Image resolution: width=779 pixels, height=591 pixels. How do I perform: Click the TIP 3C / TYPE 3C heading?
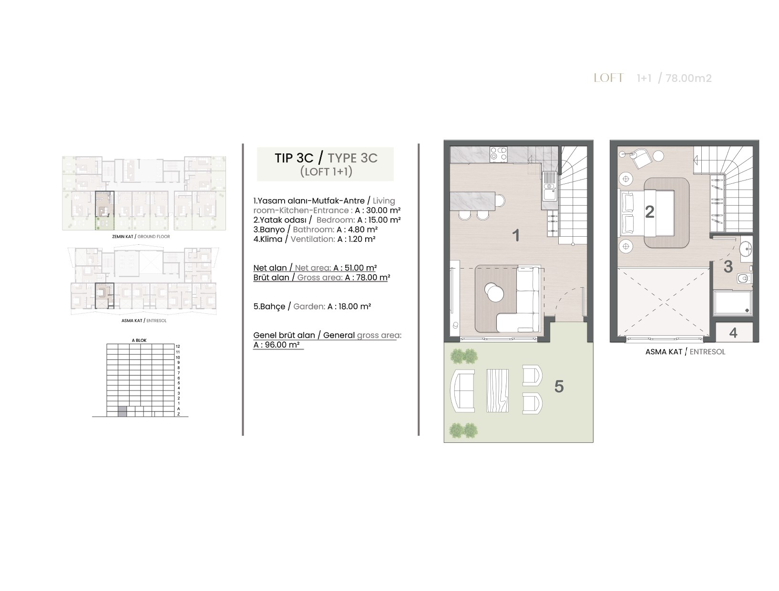pyautogui.click(x=326, y=158)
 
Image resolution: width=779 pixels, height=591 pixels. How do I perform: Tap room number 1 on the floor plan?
pyautogui.click(x=516, y=235)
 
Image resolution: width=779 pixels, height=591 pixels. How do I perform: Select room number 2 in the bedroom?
pyautogui.click(x=649, y=211)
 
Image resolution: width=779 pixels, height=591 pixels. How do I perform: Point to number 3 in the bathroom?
pyautogui.click(x=728, y=267)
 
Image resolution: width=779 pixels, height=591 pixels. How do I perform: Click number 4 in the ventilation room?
pyautogui.click(x=733, y=332)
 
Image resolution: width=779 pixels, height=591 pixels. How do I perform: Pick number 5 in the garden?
pyautogui.click(x=559, y=386)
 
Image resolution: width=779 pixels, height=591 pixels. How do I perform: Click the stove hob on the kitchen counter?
pyautogui.click(x=498, y=155)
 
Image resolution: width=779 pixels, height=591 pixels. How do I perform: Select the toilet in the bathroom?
pyautogui.click(x=744, y=278)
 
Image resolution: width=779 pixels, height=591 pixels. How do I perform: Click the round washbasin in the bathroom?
pyautogui.click(x=745, y=249)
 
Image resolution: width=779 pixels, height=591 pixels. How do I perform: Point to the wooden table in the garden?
pyautogui.click(x=497, y=391)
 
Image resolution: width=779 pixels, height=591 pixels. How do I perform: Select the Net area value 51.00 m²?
pyautogui.click(x=360, y=268)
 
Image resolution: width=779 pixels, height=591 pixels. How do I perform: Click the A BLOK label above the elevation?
pyautogui.click(x=139, y=341)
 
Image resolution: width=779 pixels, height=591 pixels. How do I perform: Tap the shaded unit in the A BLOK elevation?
pyautogui.click(x=122, y=411)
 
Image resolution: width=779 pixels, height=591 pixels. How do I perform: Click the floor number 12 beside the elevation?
pyautogui.click(x=178, y=346)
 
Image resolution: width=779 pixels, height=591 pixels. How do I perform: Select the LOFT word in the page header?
pyautogui.click(x=608, y=78)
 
